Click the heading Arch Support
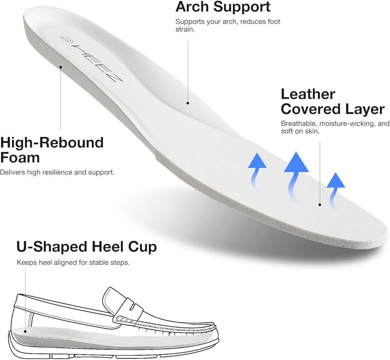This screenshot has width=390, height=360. coord(223,7)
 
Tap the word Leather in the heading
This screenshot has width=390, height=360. coord(308,94)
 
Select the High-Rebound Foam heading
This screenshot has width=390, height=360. coord(52,150)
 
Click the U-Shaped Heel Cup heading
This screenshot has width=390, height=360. coord(87,247)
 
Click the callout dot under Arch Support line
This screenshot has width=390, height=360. coord(188,103)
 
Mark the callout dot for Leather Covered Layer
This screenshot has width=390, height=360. coord(320,205)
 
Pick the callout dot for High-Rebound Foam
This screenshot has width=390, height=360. coord(61,67)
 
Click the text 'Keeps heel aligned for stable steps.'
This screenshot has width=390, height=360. coord(73,262)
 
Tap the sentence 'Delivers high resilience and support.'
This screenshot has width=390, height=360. coord(57,172)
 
